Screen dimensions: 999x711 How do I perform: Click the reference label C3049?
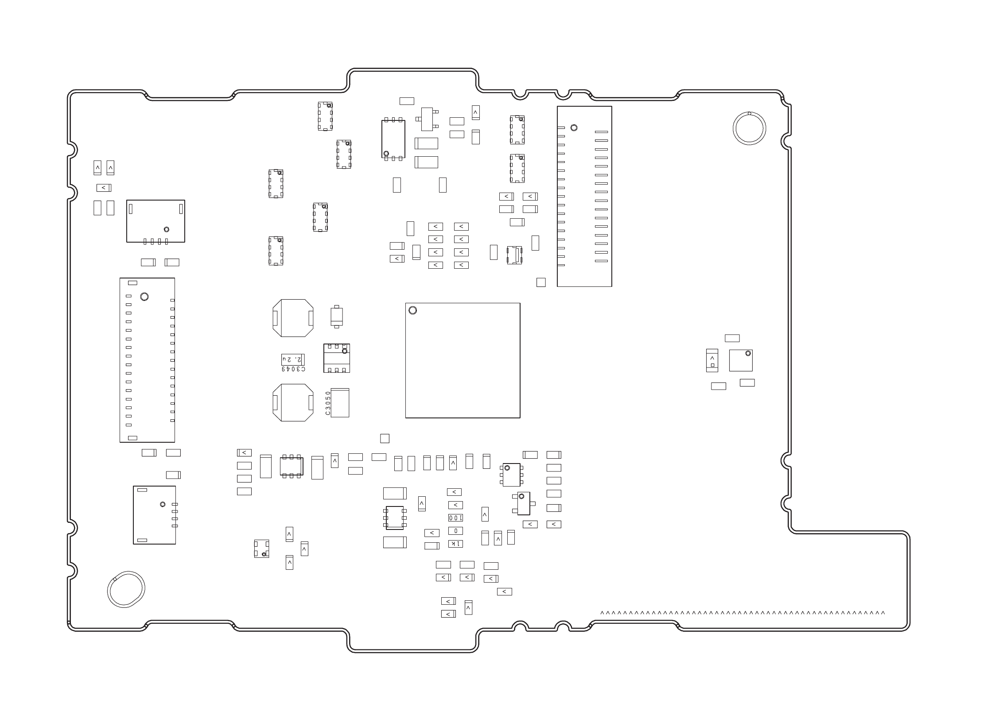coord(293,369)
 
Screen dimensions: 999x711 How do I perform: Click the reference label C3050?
coord(328,403)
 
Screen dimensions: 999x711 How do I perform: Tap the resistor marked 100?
coord(455,518)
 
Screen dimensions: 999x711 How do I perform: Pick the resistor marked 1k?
coord(455,544)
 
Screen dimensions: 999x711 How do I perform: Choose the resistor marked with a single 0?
coord(455,530)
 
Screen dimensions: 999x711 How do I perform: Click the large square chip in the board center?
coord(463,360)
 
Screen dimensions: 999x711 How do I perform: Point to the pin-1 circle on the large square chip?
coord(412,310)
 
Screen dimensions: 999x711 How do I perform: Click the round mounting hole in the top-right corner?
coord(749,129)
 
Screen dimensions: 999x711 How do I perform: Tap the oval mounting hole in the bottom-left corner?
coord(126,589)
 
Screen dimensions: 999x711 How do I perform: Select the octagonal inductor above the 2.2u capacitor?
coord(293,318)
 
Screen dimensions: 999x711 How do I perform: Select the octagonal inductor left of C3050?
coord(293,402)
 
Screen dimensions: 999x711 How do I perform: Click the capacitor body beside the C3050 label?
coord(340,403)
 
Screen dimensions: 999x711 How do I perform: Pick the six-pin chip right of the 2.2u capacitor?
coord(337,358)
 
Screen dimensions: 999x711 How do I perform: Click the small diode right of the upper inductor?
coord(337,317)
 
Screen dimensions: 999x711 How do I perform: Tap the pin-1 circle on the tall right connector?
coord(574,128)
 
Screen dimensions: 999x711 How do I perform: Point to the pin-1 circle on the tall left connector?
coord(144,297)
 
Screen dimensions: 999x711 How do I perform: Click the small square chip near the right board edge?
coord(741,360)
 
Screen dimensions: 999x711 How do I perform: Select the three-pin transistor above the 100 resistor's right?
coord(523,503)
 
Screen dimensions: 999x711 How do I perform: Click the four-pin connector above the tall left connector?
coord(155,221)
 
